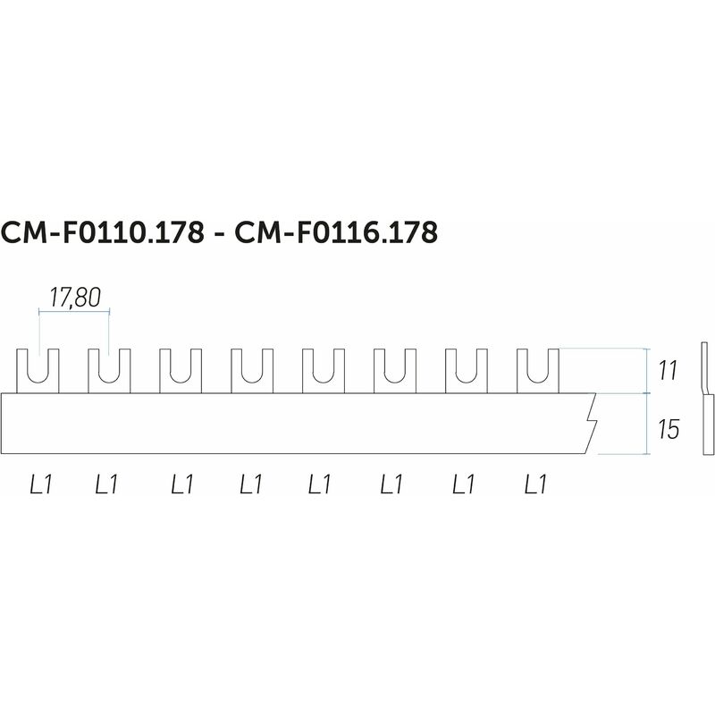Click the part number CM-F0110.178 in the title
[103, 232]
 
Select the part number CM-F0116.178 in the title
[336, 232]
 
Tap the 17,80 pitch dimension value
[75, 298]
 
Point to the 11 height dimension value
[669, 370]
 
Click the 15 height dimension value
[669, 429]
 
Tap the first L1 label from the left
[41, 484]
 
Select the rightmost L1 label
[535, 484]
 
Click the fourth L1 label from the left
[251, 484]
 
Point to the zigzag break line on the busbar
[591, 423]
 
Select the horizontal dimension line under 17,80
[74, 312]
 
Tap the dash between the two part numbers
[219, 236]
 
